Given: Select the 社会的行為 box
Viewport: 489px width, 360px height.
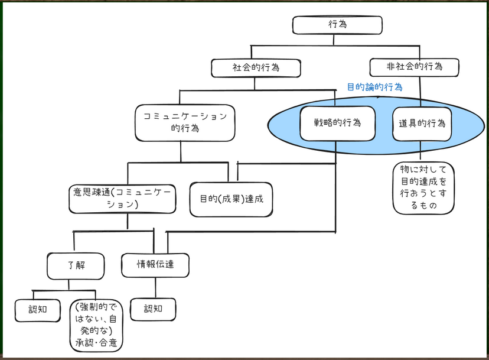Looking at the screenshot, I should pos(256,68).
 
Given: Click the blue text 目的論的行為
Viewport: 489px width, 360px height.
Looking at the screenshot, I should pos(374,87).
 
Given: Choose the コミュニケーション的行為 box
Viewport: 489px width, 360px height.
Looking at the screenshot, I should pos(185,122).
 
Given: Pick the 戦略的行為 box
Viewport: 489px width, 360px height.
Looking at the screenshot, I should pos(337,124).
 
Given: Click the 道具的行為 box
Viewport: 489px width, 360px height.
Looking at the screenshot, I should pos(422,124).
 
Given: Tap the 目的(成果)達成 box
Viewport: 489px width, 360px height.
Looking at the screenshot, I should pos(231,199).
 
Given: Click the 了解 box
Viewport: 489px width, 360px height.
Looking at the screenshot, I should pos(76,265).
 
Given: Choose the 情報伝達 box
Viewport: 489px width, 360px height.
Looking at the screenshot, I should pos(155,265).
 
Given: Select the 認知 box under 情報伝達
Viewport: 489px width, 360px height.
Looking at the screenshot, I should pos(153,308).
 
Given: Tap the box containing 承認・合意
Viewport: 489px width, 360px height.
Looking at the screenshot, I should pos(98,325).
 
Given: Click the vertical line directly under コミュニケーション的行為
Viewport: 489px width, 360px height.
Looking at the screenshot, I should pos(181,151).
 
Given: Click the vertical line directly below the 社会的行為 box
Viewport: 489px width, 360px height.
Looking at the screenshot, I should pos(255,83).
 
